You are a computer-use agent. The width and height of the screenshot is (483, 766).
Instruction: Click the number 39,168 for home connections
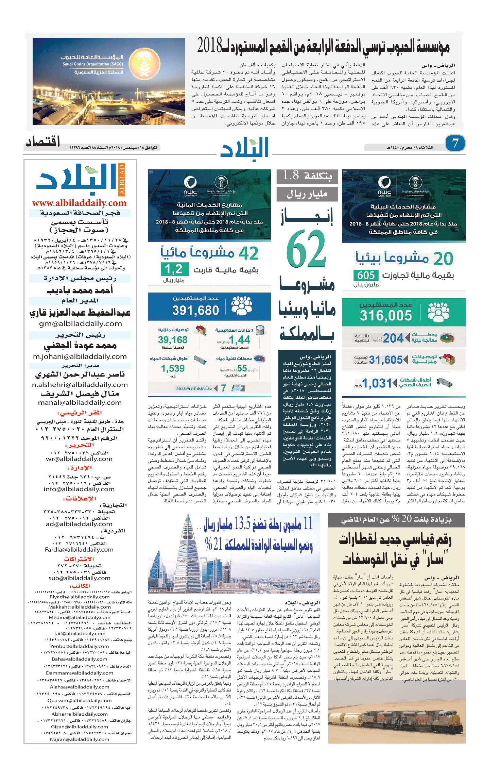[173, 339]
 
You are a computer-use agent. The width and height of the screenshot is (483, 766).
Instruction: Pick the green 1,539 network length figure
[173, 368]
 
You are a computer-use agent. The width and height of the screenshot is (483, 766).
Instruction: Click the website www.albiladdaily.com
[79, 203]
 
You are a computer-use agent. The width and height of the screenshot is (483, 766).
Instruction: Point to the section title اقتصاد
[43, 142]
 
